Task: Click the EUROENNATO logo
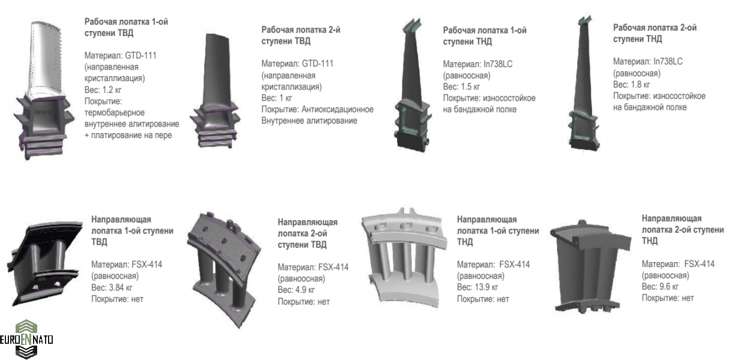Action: tap(26, 339)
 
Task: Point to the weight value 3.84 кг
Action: tap(121, 287)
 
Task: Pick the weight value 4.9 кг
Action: tap(305, 290)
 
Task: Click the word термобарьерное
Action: tap(115, 113)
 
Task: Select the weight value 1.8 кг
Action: tap(641, 85)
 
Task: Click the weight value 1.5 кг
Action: tap(470, 87)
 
